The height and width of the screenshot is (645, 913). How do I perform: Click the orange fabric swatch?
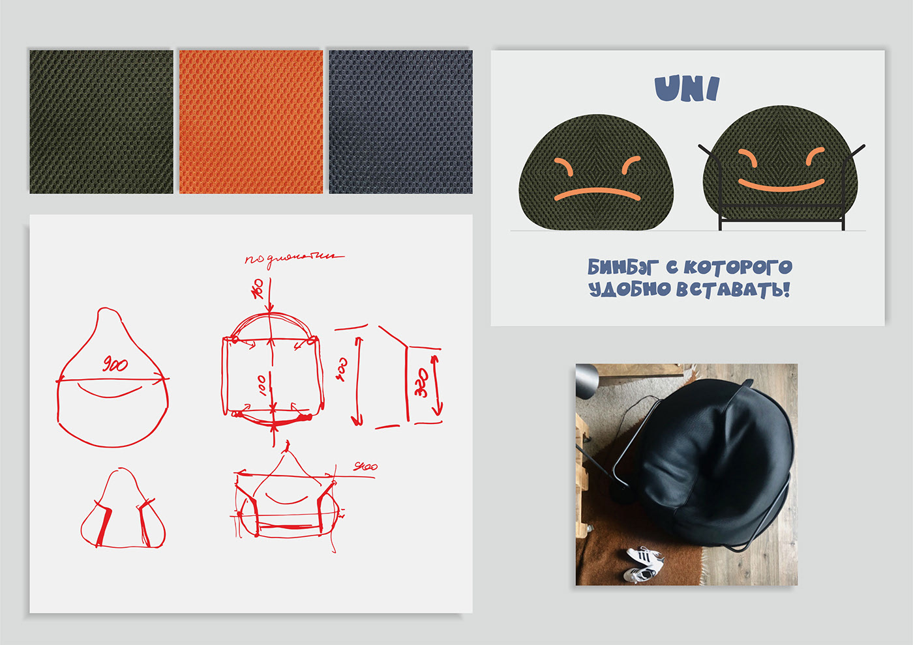coord(251,122)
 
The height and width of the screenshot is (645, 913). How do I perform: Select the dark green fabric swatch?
coord(101,122)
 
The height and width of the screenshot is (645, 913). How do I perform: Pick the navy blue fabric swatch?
coord(400,122)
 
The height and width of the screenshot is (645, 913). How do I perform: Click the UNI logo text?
coord(687,89)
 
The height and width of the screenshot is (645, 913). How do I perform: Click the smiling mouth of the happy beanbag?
coord(781,185)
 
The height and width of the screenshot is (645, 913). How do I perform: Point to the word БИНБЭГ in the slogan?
coord(623,267)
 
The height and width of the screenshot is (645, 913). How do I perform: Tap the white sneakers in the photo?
coord(642,564)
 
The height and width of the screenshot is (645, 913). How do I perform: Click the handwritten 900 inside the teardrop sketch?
coord(115,365)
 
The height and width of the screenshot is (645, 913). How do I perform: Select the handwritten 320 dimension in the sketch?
coord(422,383)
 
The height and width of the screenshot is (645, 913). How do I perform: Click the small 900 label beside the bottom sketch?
coord(365,466)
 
